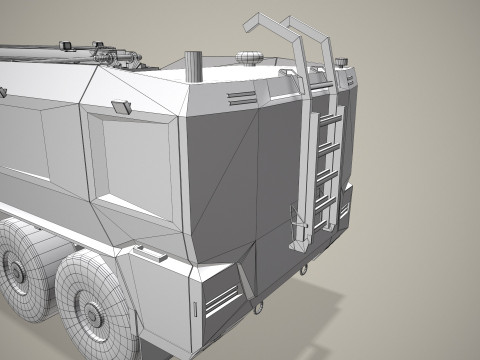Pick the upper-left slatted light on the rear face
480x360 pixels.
pyautogui.click(x=241, y=97)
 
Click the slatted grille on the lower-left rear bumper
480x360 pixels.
pyautogui.click(x=221, y=298)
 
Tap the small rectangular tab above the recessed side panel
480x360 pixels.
pyautogui.click(x=122, y=106)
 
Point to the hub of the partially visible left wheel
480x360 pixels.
pyautogui.click(x=15, y=268)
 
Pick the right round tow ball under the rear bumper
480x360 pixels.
pyautogui.click(x=300, y=269)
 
